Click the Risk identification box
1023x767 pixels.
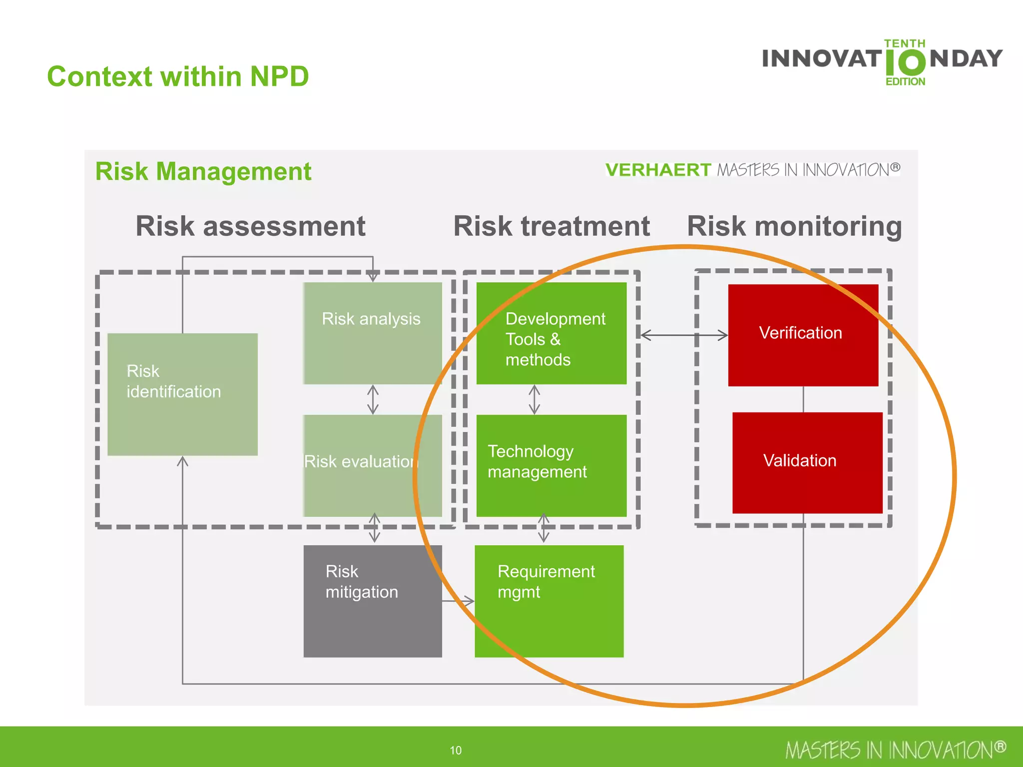[x=182, y=394]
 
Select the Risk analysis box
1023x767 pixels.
[x=372, y=333]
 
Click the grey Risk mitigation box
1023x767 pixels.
[x=372, y=601]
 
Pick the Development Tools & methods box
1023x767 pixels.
[x=551, y=333]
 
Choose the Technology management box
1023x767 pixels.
[x=551, y=465]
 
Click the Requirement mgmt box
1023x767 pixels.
[x=548, y=601]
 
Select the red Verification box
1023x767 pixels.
[x=803, y=335]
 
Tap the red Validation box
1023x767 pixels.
[x=807, y=462]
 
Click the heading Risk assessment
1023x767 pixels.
[x=250, y=226]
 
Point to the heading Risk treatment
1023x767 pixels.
[x=551, y=226]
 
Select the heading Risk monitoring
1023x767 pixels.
[x=794, y=226]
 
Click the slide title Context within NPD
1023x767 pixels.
[x=178, y=76]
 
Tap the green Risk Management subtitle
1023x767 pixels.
[x=203, y=171]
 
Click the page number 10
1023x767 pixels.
[x=456, y=750]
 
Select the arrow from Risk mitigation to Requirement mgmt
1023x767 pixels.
[x=458, y=601]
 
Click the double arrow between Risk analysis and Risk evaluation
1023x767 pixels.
[x=373, y=399]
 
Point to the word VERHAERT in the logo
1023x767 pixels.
[x=657, y=170]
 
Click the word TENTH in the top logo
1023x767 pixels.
[x=904, y=43]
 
